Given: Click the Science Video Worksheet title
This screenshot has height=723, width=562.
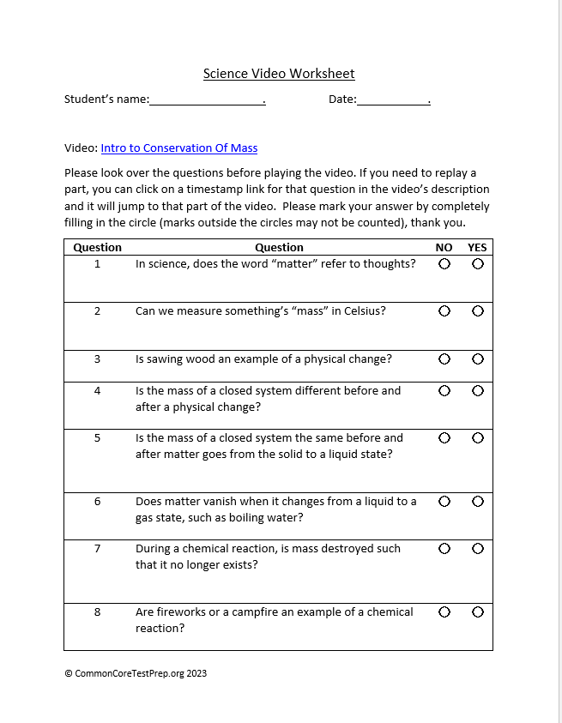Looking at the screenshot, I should [279, 74].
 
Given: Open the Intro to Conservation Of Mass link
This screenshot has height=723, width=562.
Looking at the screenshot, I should [178, 148].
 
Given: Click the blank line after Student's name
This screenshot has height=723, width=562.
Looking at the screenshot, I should [207, 100].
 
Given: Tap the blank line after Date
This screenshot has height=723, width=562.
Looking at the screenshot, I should [392, 100].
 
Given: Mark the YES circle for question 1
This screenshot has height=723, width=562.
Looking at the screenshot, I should [478, 264].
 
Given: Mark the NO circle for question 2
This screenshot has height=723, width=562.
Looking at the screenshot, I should [444, 311].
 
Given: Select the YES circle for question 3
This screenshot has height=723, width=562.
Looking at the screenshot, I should [478, 359].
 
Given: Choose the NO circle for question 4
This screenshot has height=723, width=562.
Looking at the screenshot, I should [444, 391].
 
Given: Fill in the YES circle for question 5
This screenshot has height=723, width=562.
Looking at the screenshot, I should [478, 438].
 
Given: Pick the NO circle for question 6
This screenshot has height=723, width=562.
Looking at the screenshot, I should [444, 502].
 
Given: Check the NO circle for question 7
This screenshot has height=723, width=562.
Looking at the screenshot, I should [444, 549].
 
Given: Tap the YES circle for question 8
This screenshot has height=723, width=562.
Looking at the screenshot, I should [478, 612].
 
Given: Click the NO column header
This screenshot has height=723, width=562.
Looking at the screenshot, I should [444, 248].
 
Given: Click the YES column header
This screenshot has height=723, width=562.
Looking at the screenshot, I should [477, 248].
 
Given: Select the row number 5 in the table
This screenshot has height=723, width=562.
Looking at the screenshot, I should [97, 438].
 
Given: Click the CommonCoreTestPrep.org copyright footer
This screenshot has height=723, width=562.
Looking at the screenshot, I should [136, 673].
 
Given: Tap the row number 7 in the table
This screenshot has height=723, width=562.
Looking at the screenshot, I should [97, 549].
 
